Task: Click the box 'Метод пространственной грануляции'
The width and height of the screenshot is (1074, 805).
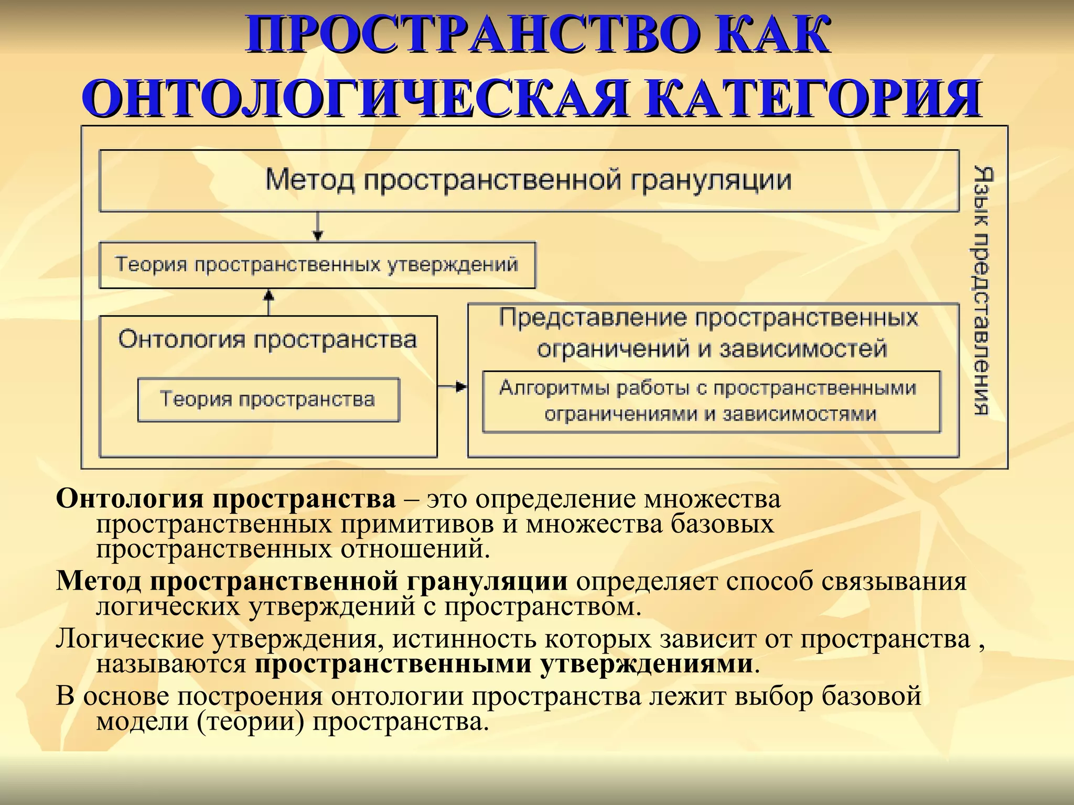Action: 529,180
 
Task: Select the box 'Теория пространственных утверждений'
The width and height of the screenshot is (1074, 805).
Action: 317,265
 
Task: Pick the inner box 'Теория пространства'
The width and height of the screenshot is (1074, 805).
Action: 268,399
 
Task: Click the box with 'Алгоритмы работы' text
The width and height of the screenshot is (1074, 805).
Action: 711,401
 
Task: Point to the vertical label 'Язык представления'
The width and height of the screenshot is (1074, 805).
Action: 982,291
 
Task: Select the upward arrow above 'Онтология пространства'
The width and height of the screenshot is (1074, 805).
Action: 269,302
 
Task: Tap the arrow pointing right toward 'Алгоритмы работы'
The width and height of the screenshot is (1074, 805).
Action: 453,387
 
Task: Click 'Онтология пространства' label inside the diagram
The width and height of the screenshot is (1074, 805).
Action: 267,340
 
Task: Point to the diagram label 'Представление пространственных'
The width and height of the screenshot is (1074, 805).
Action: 708,318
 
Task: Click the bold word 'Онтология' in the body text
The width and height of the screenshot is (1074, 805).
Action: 129,499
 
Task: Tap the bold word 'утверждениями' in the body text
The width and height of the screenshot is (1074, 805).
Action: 647,664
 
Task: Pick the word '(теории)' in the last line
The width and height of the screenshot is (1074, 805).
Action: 251,722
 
